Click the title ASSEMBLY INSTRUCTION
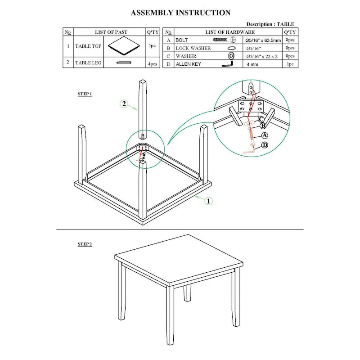click(x=180, y=13)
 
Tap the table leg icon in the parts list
click(x=124, y=63)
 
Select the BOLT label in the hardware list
click(x=182, y=40)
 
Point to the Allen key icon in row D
click(x=228, y=64)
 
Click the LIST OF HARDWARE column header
click(x=230, y=32)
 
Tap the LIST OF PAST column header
click(x=111, y=32)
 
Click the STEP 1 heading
click(x=85, y=94)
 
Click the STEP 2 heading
click(x=85, y=244)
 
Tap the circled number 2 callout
click(x=124, y=104)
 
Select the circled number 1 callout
click(x=208, y=201)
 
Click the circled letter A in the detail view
click(x=265, y=135)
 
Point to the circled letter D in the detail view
click(x=265, y=144)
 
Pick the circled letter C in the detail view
click(x=261, y=119)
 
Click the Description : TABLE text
click(x=270, y=24)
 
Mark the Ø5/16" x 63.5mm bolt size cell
click(x=263, y=40)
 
